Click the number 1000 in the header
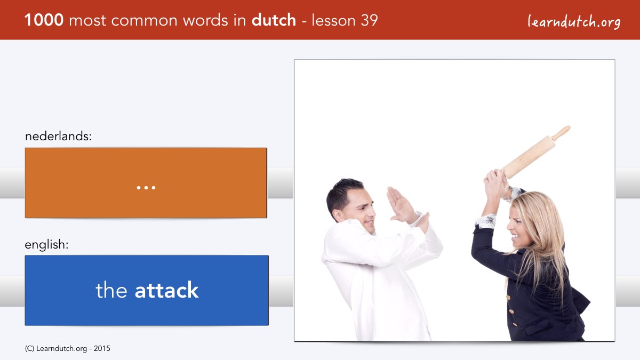point(44,20)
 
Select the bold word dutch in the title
point(274,20)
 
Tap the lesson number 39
point(369,20)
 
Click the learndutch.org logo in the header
point(574,22)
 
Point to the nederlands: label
point(58,136)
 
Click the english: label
point(46,245)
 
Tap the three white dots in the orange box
point(146,188)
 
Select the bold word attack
point(166,290)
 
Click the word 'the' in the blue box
point(111,290)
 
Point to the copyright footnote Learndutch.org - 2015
point(67,349)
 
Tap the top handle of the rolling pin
point(562,133)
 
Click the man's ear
point(338,215)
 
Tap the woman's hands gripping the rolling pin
point(497,185)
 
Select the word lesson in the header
point(333,20)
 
